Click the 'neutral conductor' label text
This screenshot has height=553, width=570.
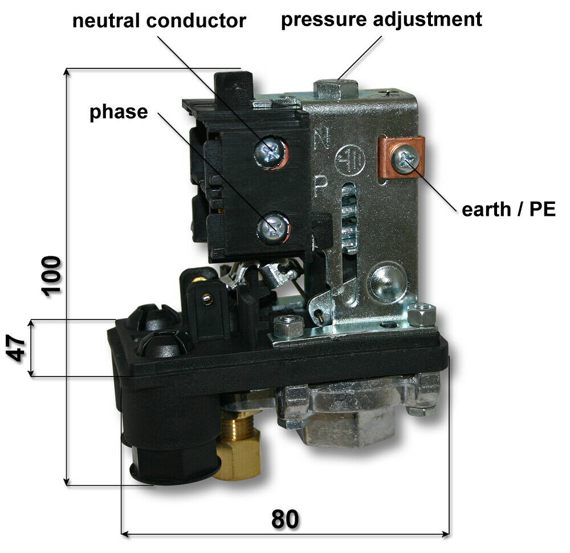159,21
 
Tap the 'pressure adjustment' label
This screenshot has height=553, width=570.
382,19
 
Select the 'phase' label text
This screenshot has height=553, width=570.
119,112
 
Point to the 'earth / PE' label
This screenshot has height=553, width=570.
508,209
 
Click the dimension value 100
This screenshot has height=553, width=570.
51,276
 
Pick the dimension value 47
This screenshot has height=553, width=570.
17,348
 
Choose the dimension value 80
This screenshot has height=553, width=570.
286,519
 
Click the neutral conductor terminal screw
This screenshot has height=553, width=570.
270,151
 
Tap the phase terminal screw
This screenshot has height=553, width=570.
273,228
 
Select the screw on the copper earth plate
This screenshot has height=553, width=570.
404,159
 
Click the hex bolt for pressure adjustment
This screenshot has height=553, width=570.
335,89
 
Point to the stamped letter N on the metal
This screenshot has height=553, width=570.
321,139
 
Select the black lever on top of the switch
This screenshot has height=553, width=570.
233,89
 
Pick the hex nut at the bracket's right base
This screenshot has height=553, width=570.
422,314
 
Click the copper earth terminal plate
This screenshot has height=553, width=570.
401,157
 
